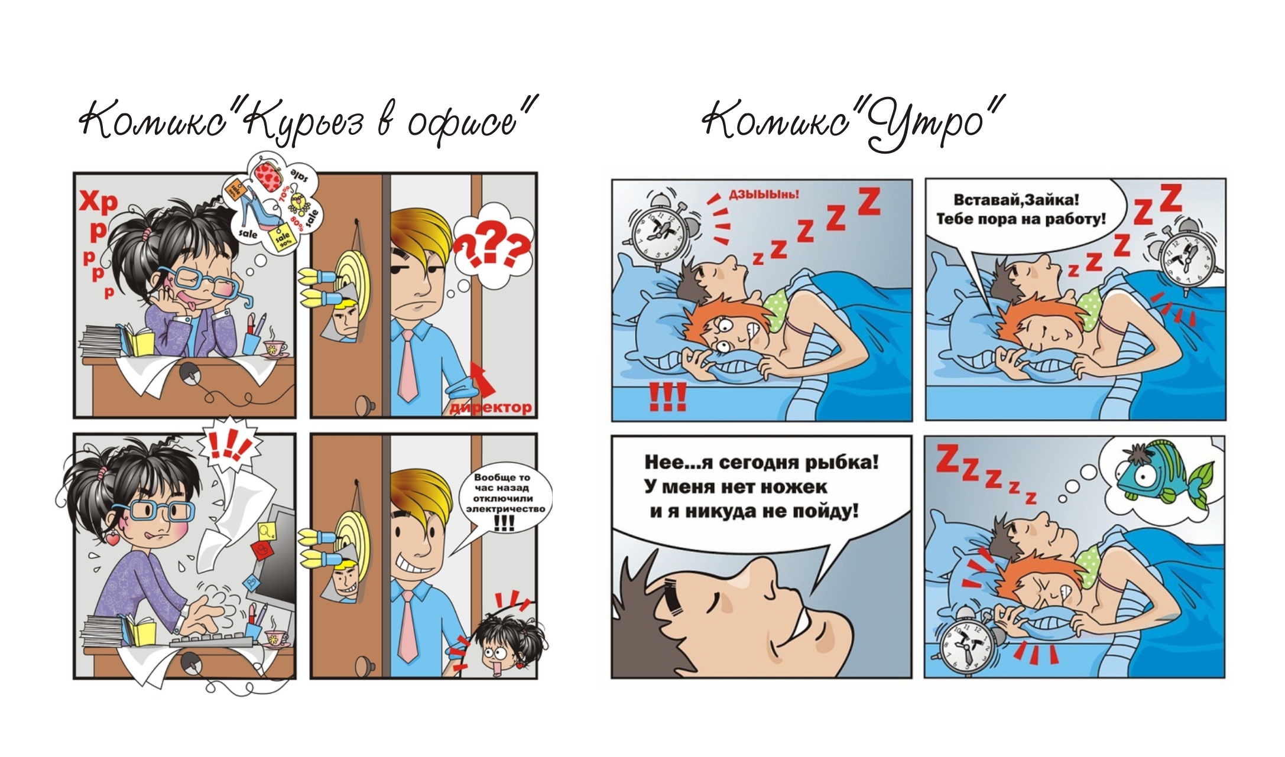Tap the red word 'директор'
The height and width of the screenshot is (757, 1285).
click(x=491, y=408)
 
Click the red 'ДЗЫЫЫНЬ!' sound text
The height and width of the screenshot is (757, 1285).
click(x=763, y=194)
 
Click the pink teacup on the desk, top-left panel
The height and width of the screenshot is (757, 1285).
click(x=274, y=349)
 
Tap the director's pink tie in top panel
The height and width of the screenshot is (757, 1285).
click(x=407, y=366)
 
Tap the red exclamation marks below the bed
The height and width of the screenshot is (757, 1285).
click(x=668, y=397)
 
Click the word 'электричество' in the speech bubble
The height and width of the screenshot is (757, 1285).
click(x=505, y=509)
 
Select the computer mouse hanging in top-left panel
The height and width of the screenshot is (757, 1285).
click(x=190, y=374)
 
